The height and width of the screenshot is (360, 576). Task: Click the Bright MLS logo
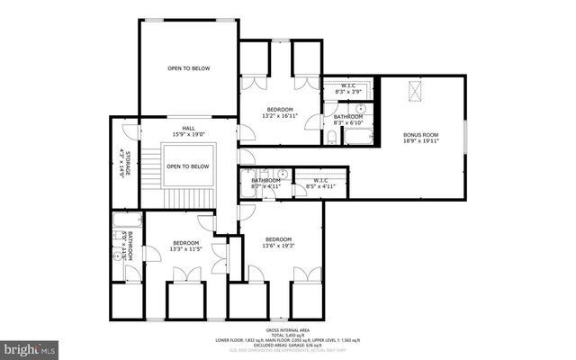coord(29,346)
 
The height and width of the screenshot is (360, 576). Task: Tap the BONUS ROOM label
coord(421,135)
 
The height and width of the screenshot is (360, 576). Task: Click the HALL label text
coord(188,129)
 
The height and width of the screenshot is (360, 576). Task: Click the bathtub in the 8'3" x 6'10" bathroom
coord(360,136)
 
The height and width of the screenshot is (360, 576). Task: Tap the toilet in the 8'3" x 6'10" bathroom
coord(332,138)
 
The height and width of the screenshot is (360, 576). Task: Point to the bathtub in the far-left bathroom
coord(121,220)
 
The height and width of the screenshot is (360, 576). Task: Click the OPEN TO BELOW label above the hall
coord(188,67)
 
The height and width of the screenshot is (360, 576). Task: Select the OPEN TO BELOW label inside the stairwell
coord(188,166)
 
